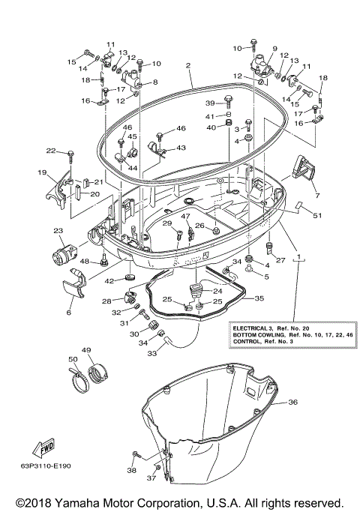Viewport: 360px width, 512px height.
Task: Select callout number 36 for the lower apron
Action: coord(292,403)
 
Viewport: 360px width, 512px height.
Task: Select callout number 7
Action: coord(317,196)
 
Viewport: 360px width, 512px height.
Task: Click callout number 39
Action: coord(210,103)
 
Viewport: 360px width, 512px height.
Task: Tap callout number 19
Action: coord(41,172)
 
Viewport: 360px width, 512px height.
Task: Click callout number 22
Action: coord(50,151)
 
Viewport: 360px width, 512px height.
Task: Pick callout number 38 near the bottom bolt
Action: coord(132,471)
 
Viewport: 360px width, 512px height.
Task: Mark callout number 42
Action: coord(109,281)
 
